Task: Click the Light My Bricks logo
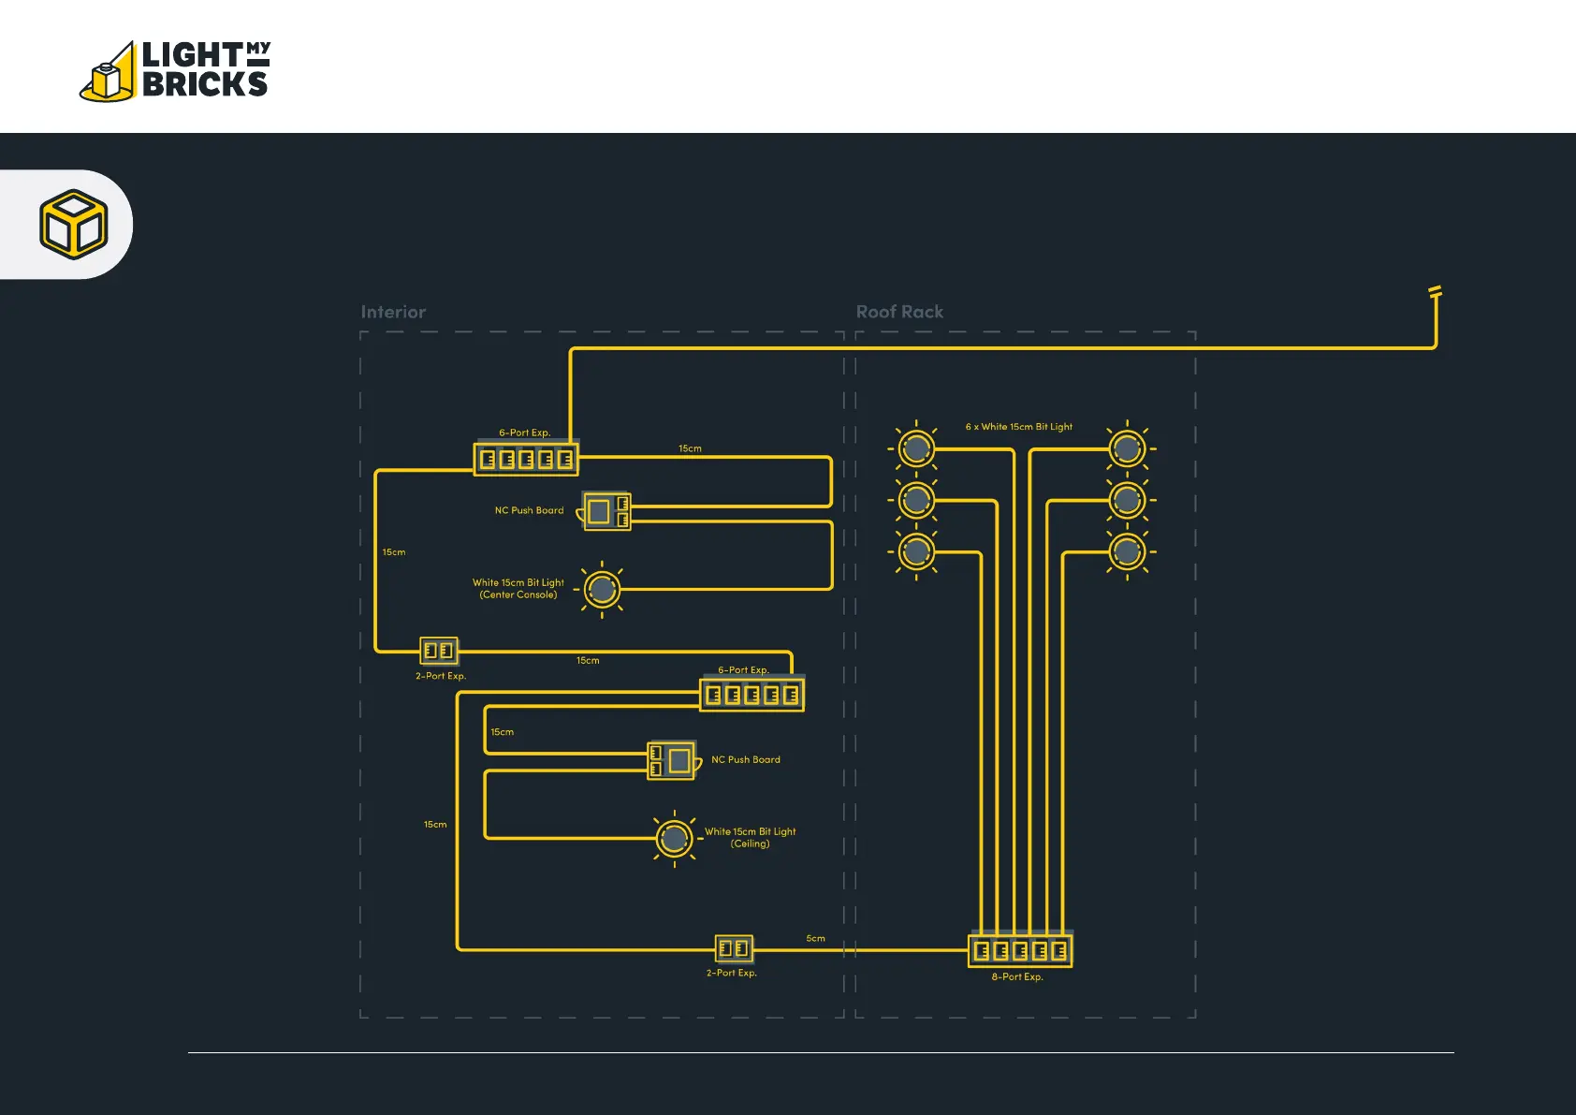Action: click(175, 70)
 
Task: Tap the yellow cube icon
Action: click(74, 224)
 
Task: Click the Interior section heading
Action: click(393, 312)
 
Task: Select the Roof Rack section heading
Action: click(899, 312)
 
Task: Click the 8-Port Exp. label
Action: click(1017, 977)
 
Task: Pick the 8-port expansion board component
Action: click(1020, 950)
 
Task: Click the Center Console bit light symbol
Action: click(603, 589)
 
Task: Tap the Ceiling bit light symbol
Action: click(674, 839)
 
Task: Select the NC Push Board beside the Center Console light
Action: click(606, 511)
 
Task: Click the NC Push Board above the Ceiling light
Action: click(673, 760)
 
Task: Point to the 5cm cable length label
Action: click(815, 938)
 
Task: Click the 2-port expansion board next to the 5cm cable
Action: click(734, 949)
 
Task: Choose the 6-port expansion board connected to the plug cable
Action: click(526, 459)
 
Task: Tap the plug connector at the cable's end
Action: click(1436, 292)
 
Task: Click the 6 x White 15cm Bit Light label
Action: click(1019, 427)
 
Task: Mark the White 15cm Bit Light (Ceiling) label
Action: click(750, 838)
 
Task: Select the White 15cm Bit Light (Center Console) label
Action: click(518, 589)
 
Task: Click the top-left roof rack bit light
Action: click(916, 448)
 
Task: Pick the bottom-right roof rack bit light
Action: click(1127, 551)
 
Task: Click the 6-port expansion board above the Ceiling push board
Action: click(752, 695)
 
